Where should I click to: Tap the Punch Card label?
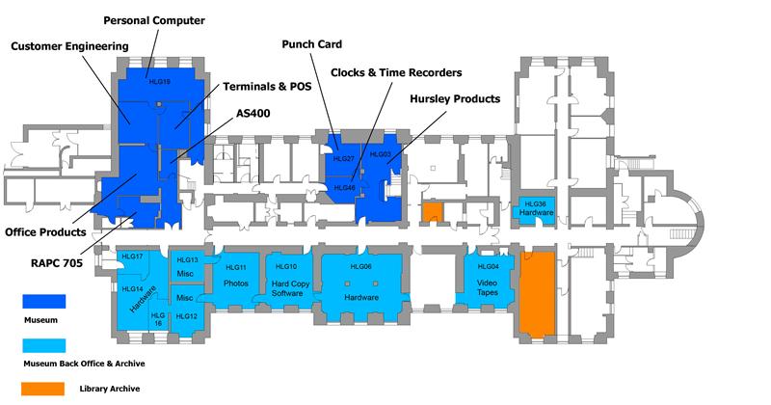(311, 43)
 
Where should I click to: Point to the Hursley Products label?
(455, 98)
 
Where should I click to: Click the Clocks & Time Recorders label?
(396, 72)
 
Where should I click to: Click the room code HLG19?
(159, 82)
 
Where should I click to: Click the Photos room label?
(236, 283)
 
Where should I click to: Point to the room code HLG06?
(362, 267)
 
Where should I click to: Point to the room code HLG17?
(133, 256)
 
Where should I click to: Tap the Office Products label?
(45, 231)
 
